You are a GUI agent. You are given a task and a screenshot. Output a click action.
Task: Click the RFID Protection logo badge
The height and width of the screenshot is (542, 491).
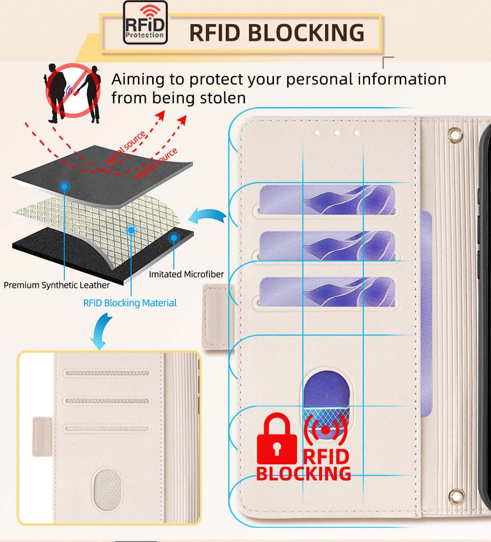click(145, 23)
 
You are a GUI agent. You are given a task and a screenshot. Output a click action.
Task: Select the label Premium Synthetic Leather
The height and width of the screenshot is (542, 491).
click(57, 285)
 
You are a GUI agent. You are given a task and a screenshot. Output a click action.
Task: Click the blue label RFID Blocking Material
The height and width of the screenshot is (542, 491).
click(130, 303)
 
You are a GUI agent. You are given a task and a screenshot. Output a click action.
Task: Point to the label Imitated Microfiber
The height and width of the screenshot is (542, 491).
click(186, 274)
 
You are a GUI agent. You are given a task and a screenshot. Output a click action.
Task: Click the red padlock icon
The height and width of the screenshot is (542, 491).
click(277, 439)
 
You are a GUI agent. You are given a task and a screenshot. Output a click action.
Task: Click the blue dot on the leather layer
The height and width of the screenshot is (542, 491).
click(65, 186)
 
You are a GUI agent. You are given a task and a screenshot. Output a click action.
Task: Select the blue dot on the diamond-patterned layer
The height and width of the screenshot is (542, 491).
click(131, 230)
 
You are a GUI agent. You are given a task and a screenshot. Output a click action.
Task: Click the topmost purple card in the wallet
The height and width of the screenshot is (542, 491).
click(327, 200)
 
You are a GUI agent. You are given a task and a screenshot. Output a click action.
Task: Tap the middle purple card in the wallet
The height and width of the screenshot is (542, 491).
click(327, 246)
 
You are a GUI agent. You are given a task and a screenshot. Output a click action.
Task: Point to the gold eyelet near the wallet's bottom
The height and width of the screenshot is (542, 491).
click(458, 495)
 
